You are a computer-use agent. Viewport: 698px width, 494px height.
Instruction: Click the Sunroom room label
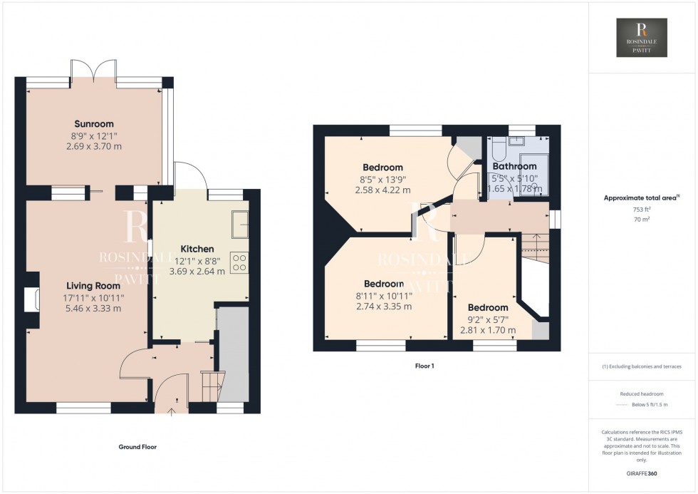pyautogui.click(x=96, y=124)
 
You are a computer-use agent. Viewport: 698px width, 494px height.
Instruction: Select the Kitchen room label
pyautogui.click(x=197, y=249)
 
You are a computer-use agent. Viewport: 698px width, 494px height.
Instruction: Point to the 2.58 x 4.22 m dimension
pyautogui.click(x=382, y=190)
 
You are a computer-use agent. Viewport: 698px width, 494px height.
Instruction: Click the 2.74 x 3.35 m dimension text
pyautogui.click(x=385, y=307)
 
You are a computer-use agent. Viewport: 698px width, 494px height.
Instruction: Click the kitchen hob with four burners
pyautogui.click(x=239, y=263)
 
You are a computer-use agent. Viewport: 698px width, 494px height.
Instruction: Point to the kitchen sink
pyautogui.click(x=239, y=224)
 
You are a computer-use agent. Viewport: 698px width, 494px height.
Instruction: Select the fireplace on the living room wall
pyautogui.click(x=32, y=300)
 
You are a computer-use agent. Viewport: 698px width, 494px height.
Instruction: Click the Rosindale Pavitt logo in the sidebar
pyautogui.click(x=642, y=38)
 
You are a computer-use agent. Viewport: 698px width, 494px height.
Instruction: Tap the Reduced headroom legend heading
pyautogui.click(x=642, y=393)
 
